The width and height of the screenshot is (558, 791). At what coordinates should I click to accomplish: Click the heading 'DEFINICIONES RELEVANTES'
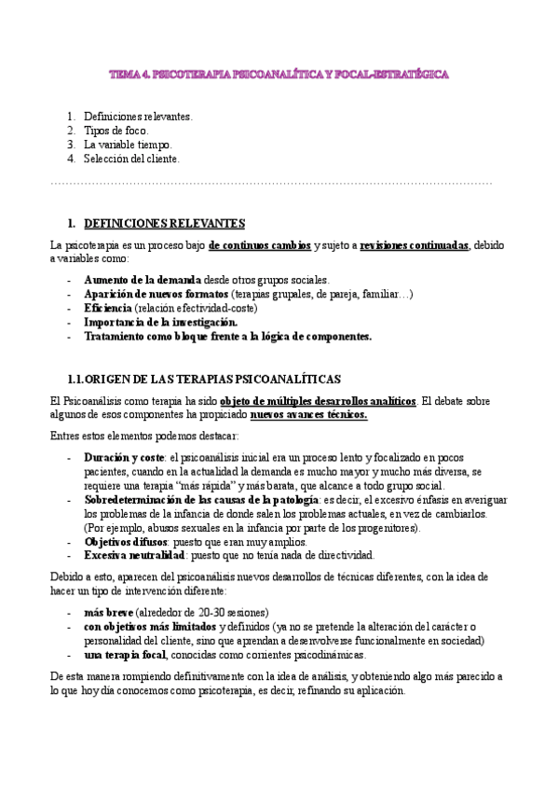click(164, 224)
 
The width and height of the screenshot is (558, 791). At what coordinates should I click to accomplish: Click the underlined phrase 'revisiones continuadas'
click(414, 245)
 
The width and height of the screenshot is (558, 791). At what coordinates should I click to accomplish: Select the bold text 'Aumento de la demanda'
click(142, 280)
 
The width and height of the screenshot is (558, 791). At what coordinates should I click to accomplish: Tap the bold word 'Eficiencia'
click(107, 308)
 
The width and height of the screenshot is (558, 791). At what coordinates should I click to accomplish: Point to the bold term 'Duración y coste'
click(124, 458)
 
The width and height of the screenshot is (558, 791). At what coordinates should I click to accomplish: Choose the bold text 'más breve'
click(107, 612)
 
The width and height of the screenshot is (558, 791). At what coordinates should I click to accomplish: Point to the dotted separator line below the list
click(270, 183)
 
